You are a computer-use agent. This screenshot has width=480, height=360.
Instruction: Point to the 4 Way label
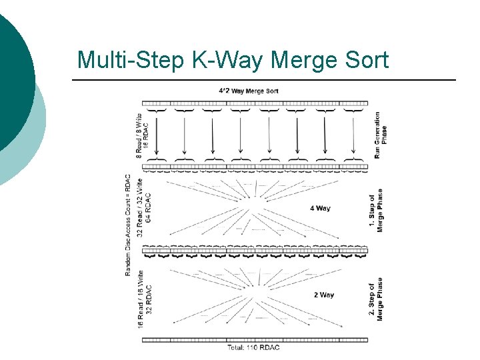click(321, 209)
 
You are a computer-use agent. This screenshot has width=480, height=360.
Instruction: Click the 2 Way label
click(324, 295)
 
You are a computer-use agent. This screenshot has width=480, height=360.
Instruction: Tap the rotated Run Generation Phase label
click(381, 134)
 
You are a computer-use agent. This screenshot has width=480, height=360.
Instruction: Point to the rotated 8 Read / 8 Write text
click(139, 135)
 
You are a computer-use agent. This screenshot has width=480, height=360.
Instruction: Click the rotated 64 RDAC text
click(148, 207)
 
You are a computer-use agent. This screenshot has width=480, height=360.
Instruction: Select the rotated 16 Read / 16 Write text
click(140, 299)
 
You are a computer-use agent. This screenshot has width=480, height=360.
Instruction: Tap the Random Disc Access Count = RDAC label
click(128, 225)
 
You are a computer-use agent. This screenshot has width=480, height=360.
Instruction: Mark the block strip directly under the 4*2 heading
click(255, 103)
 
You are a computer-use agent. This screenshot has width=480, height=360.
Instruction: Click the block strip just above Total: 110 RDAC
click(255, 339)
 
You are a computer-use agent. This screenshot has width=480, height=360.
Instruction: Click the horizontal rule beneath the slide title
click(263, 80)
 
